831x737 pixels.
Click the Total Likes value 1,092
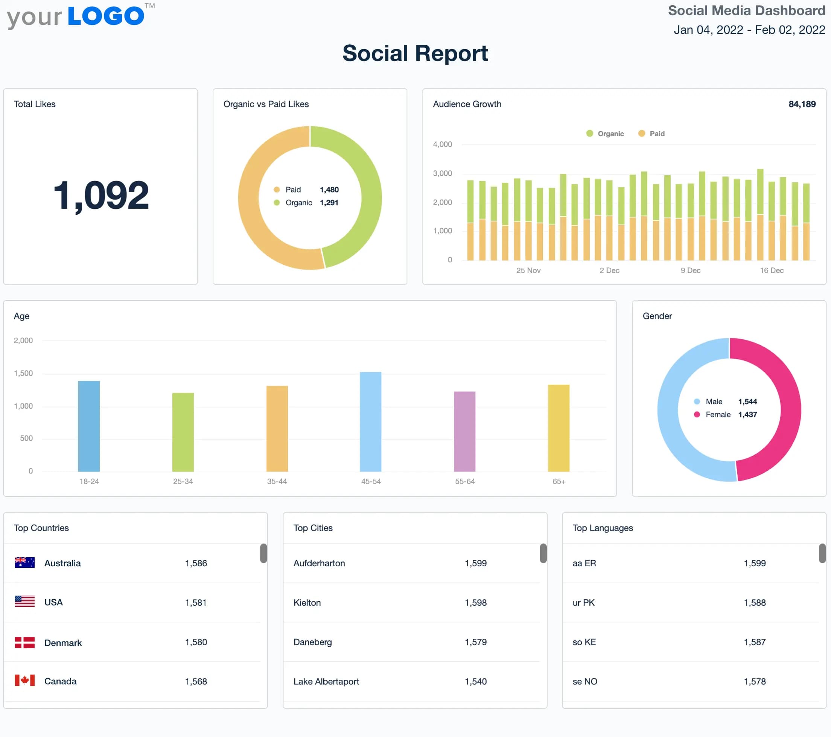101,196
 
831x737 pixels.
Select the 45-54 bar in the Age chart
370,422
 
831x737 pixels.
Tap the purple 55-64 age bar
464,431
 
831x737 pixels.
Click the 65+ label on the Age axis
559,481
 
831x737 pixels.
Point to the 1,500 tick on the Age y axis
23,373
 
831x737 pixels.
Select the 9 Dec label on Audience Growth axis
690,270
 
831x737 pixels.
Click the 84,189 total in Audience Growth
802,104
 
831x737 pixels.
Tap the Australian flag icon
24,563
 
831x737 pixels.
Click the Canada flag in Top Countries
24,681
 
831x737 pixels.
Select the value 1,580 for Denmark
196,642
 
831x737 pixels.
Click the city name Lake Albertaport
326,681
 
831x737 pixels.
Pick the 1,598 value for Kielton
475,602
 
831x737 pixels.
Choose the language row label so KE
584,642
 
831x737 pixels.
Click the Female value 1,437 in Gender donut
747,414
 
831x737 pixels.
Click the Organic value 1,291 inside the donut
329,202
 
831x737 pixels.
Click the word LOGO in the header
106,16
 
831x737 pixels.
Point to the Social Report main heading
415,53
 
